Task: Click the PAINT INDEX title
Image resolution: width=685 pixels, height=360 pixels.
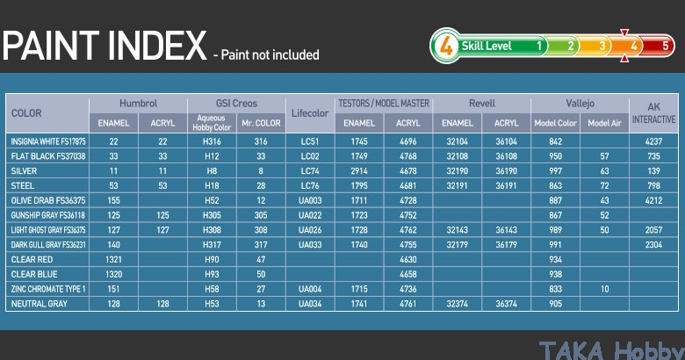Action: pos(105,46)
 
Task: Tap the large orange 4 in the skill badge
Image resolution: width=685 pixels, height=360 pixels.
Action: pos(445,46)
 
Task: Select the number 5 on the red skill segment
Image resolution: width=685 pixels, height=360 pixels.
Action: pos(666,46)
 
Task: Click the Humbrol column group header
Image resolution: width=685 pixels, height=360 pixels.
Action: pos(138,104)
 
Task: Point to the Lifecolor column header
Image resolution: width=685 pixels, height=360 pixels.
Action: pos(310,113)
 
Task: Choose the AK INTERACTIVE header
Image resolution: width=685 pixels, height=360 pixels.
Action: pos(653,113)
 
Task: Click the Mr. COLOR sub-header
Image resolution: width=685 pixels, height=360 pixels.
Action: pos(261,123)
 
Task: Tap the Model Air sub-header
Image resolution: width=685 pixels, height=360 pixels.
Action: pos(604,123)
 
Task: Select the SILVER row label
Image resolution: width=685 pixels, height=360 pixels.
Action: pos(24,171)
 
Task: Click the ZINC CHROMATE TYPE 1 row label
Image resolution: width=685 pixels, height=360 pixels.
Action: pos(48,289)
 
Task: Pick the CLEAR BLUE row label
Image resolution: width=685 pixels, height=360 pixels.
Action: pos(34,274)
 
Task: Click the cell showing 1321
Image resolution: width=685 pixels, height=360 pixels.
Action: pos(113,260)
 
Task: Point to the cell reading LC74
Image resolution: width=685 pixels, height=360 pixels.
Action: pos(310,171)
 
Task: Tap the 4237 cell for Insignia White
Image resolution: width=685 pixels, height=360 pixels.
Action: pos(653,141)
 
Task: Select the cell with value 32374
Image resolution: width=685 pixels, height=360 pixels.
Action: pos(457,304)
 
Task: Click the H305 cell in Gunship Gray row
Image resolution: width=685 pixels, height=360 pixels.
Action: pos(212,215)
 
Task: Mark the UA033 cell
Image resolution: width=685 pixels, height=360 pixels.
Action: pos(310,245)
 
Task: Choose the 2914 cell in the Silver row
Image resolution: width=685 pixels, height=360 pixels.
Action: pos(359,171)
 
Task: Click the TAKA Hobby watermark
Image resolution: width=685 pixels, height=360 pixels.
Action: pos(611,350)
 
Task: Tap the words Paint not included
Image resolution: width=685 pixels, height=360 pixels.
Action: pos(270,55)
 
